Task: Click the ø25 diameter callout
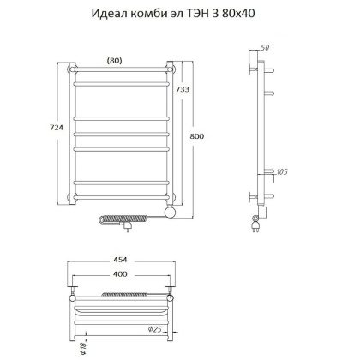pyautogui.click(x=178, y=330)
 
